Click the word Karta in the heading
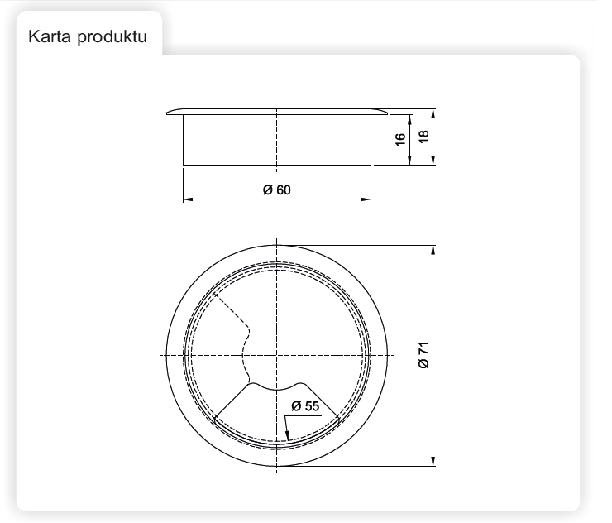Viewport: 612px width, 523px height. pos(50,36)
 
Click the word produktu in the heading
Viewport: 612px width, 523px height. pos(112,37)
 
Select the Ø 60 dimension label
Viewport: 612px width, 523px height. pos(277,190)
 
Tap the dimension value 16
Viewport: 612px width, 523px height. pos(400,140)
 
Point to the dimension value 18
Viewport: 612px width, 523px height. pos(423,137)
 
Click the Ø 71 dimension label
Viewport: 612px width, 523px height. pos(423,355)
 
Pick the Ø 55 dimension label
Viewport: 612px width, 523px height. pos(305,406)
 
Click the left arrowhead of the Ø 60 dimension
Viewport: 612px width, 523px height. pos(188,199)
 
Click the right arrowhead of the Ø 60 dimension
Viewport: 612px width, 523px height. pos(366,199)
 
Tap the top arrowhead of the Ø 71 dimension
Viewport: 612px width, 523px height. pos(433,251)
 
